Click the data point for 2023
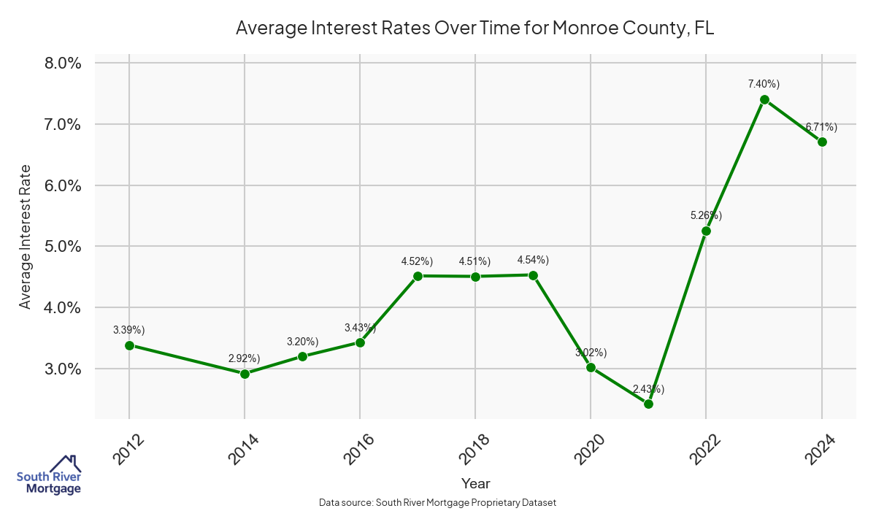coord(764,99)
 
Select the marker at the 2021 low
coord(648,404)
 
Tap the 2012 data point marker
coord(129,345)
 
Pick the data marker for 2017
coord(418,276)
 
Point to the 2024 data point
coord(822,142)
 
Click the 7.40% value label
coord(764,84)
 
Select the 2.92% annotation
coord(244,358)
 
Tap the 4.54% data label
coord(533,260)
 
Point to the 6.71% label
coord(821,127)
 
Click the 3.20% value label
coord(302,341)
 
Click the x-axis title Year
coord(476,483)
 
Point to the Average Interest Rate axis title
coord(26,236)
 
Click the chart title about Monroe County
coord(474,28)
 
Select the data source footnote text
coord(438,502)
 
